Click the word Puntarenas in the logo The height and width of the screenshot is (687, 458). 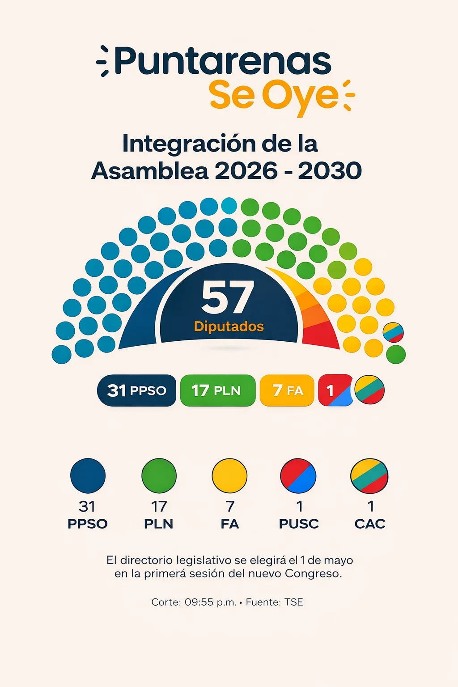223,61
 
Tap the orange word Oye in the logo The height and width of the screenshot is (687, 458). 300,95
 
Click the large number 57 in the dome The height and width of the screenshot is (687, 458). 228,297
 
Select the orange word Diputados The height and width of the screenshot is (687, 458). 229,327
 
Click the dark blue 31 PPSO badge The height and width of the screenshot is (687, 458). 136,390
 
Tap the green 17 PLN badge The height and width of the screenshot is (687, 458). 217,390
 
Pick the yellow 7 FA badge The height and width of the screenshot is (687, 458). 287,390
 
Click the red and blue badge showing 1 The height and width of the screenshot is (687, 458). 335,390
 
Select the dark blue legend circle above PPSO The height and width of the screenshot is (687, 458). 88,475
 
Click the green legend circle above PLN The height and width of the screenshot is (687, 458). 159,475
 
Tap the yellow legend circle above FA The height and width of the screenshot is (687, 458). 229,475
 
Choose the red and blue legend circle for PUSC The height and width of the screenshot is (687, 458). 298,475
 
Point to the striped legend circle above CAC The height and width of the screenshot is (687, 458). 369,475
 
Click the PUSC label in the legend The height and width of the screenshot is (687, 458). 299,524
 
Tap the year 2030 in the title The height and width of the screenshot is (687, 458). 330,171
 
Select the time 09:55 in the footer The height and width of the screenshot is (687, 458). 199,602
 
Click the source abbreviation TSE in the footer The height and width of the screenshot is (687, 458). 294,602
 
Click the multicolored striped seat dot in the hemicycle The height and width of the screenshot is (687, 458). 393,332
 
